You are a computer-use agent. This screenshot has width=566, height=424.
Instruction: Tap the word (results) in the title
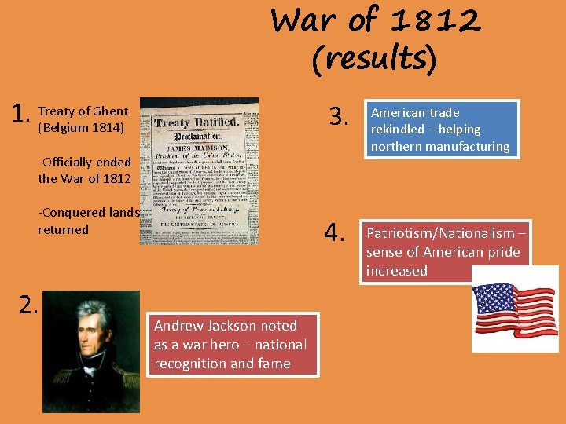[373, 58]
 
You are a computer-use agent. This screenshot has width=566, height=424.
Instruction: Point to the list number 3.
[338, 118]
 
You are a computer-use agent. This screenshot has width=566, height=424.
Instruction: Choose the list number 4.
[336, 233]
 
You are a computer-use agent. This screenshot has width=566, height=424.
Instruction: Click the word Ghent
[111, 111]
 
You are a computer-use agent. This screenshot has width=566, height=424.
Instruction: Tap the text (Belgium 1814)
[81, 126]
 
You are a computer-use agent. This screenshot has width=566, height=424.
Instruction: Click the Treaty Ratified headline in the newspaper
[197, 122]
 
